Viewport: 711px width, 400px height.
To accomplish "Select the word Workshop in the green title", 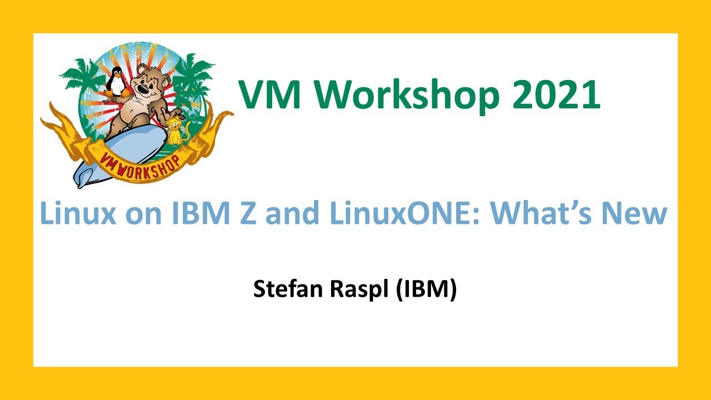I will (x=408, y=95).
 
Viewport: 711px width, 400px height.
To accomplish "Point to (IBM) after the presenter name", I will (x=425, y=289).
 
